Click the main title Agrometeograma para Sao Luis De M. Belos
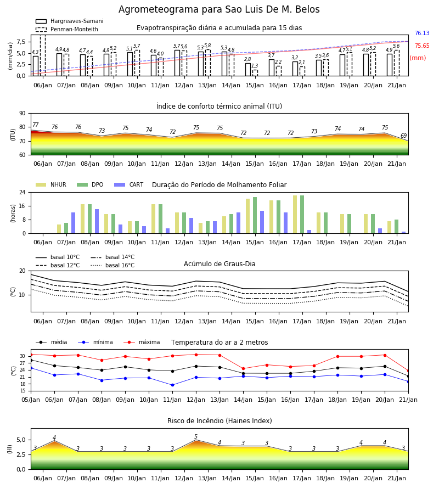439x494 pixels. [219, 9]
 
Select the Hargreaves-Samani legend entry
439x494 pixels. [70, 21]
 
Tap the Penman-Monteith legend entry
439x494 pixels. [67, 29]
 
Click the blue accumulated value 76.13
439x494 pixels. [422, 33]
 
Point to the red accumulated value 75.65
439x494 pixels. [422, 46]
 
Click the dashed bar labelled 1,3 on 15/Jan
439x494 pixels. [255, 73]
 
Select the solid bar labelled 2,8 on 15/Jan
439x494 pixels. [248, 70]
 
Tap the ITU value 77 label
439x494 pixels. [36, 125]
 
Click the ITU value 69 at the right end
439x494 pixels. [404, 136]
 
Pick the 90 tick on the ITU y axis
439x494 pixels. [22, 114]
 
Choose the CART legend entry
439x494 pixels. [129, 184]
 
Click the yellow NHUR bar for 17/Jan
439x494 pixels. [295, 215]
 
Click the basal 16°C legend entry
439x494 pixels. [112, 265]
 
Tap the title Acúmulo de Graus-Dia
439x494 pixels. [219, 263]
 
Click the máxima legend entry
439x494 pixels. [142, 342]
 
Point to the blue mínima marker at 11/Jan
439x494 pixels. [172, 385]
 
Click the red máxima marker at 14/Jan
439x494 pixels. [244, 369]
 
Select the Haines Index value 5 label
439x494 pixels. [196, 437]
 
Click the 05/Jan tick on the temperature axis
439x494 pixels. [31, 400]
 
